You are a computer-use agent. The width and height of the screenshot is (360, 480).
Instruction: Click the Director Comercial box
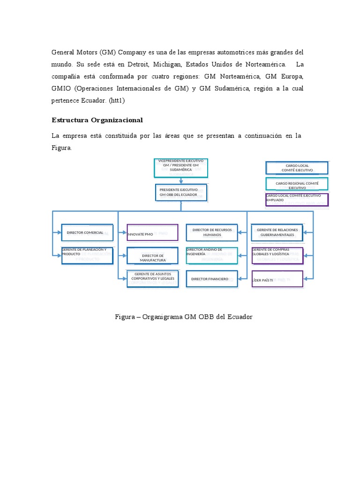pyautogui.click(x=87, y=232)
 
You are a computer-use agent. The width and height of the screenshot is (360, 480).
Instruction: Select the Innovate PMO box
pyautogui.click(x=152, y=232)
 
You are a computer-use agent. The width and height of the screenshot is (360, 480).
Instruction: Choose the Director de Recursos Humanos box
pyautogui.click(x=212, y=232)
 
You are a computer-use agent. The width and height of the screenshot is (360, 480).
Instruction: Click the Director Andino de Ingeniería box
pyautogui.click(x=212, y=255)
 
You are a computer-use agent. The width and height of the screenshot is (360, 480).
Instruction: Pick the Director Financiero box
pyautogui.click(x=212, y=279)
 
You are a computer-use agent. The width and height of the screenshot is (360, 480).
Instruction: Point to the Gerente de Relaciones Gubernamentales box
pyautogui.click(x=277, y=232)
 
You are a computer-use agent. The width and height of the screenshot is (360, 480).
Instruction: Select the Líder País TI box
pyautogui.click(x=277, y=279)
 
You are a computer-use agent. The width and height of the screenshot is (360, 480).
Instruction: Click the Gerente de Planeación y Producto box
pyautogui.click(x=87, y=255)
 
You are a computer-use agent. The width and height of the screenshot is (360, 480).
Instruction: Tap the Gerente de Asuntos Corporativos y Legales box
pyautogui.click(x=152, y=278)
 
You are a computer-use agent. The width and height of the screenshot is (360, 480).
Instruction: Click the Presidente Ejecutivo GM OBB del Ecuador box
pyautogui.click(x=180, y=192)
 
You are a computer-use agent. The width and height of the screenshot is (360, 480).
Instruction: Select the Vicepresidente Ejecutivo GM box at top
pyautogui.click(x=180, y=168)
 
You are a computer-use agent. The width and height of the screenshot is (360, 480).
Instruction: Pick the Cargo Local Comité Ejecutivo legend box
pyautogui.click(x=297, y=168)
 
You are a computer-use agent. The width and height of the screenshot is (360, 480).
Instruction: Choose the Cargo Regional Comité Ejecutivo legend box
pyautogui.click(x=297, y=184)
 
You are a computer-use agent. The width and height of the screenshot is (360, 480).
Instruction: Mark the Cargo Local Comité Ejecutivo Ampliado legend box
pyautogui.click(x=297, y=199)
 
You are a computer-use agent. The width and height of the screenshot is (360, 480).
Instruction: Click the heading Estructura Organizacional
pyautogui.click(x=97, y=120)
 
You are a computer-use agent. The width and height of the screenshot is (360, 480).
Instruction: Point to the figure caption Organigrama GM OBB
pyautogui.click(x=184, y=317)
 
